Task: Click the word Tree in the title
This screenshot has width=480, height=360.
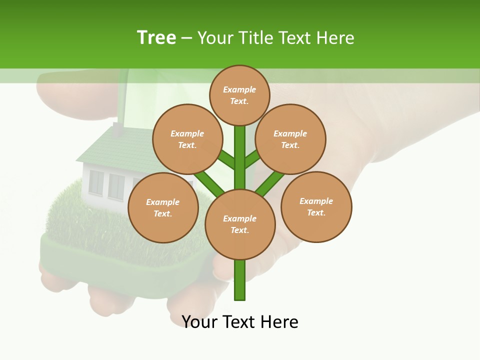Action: (x=156, y=37)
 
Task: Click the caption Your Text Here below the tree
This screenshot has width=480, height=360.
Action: (x=240, y=322)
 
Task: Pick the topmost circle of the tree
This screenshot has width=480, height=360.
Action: (x=239, y=95)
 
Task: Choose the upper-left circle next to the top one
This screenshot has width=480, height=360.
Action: (x=187, y=139)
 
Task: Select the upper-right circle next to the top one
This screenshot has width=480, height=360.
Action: (x=290, y=139)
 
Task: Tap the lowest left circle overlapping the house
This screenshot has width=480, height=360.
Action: (x=163, y=207)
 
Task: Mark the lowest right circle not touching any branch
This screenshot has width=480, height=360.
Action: (x=316, y=206)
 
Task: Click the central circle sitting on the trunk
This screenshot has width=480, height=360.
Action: (x=240, y=224)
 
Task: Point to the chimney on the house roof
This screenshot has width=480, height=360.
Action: (x=118, y=129)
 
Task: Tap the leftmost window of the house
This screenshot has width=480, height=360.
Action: (x=96, y=182)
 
